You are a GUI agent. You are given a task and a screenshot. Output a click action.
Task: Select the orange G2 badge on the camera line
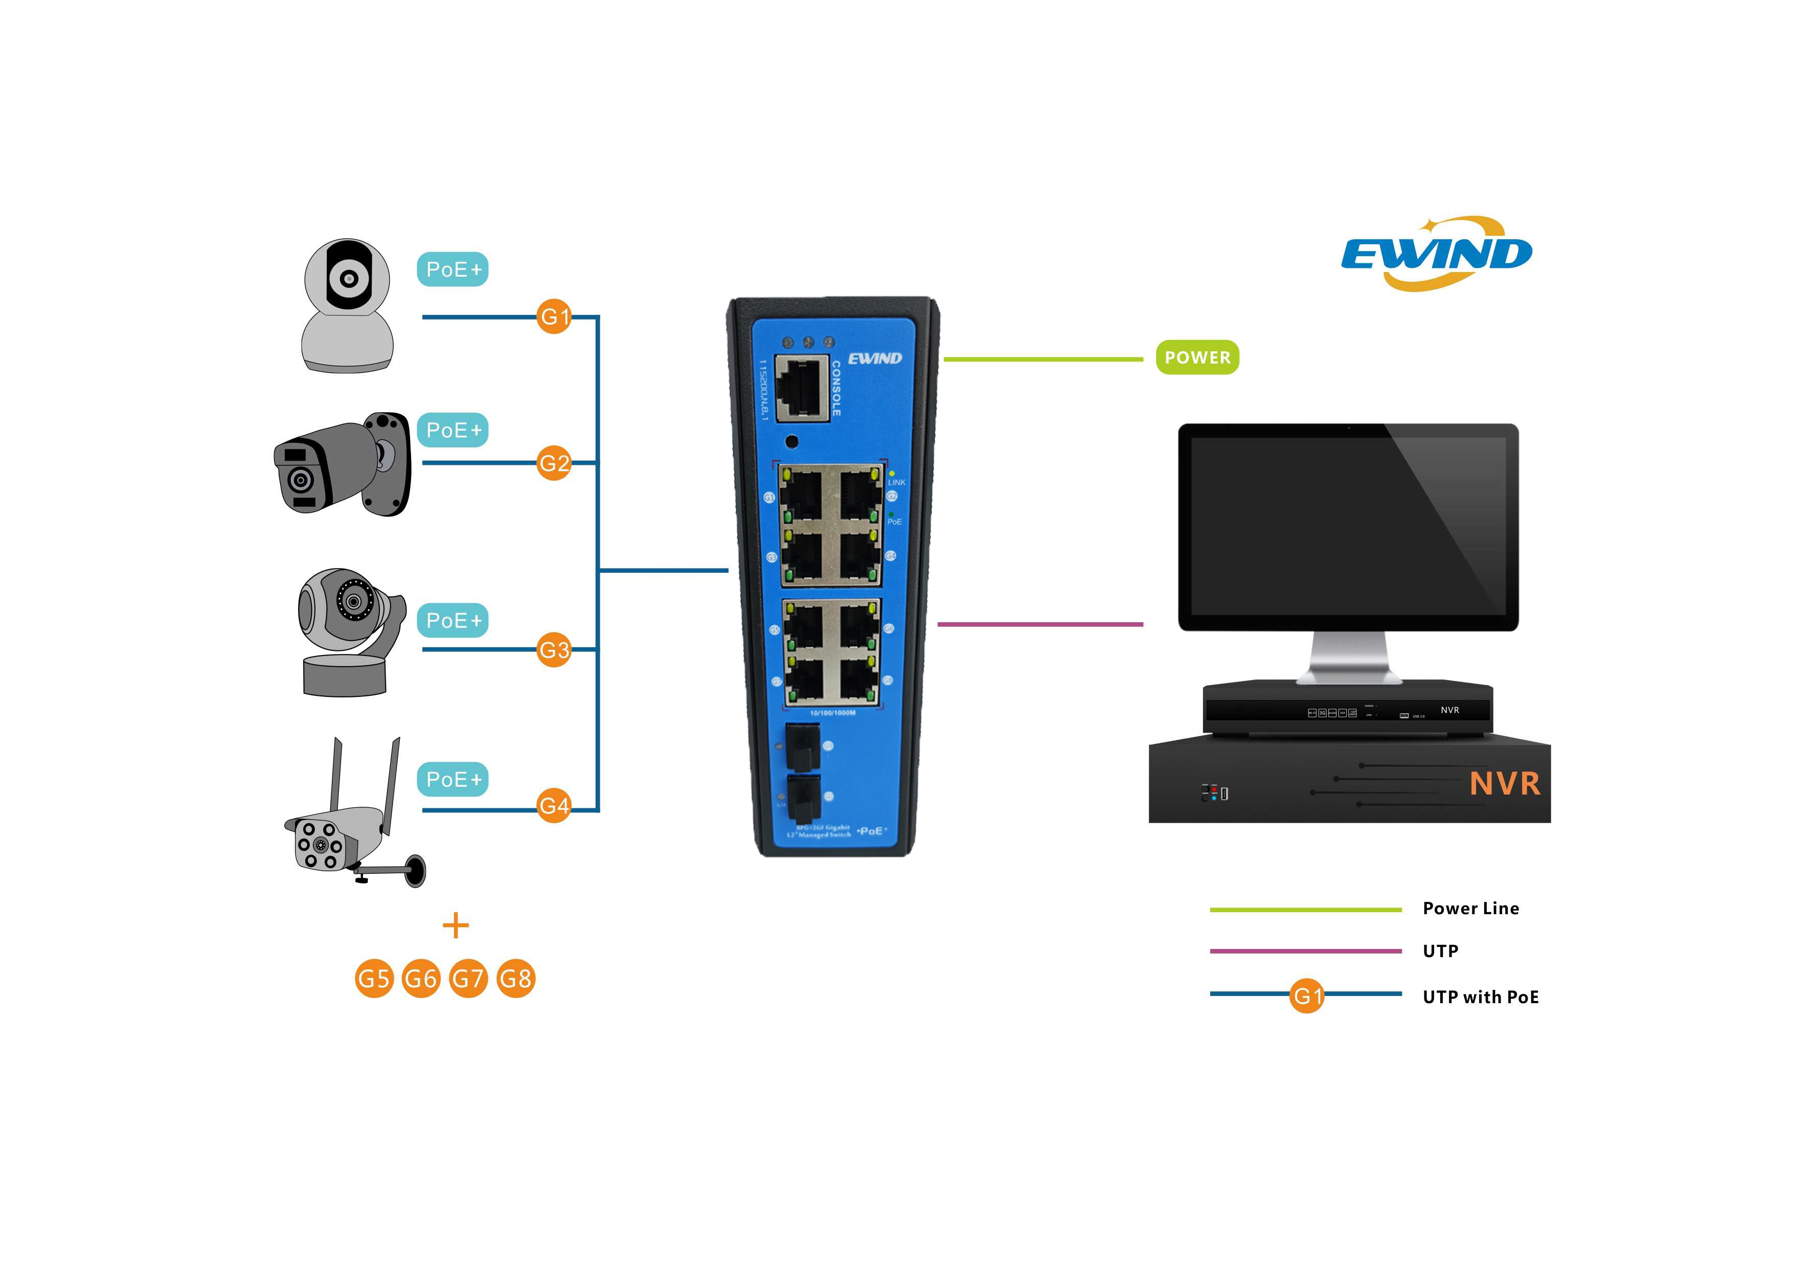[x=554, y=463]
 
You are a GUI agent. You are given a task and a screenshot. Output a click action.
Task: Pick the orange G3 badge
[x=554, y=650]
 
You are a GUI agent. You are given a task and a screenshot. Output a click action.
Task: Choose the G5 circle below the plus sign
[x=374, y=978]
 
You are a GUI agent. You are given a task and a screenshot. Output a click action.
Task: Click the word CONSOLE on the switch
[x=835, y=388]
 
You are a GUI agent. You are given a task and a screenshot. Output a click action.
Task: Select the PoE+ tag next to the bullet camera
[x=453, y=430]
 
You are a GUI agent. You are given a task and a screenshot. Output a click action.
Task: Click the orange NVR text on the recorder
[x=1505, y=784]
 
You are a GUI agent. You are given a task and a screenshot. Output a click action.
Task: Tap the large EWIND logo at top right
[x=1437, y=254]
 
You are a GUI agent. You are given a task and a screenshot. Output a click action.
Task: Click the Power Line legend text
[x=1470, y=908]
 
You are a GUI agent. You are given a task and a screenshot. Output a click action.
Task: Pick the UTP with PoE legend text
[x=1480, y=997]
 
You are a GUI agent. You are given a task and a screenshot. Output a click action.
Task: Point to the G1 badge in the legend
[x=1306, y=995]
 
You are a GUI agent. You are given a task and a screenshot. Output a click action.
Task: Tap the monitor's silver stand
[x=1349, y=658]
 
